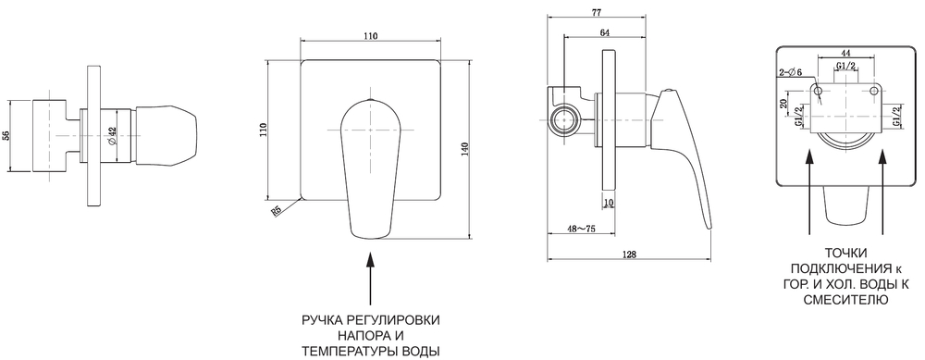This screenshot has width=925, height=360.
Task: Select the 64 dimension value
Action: [x=603, y=34]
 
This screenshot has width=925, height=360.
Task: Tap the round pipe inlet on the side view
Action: [x=565, y=118]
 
